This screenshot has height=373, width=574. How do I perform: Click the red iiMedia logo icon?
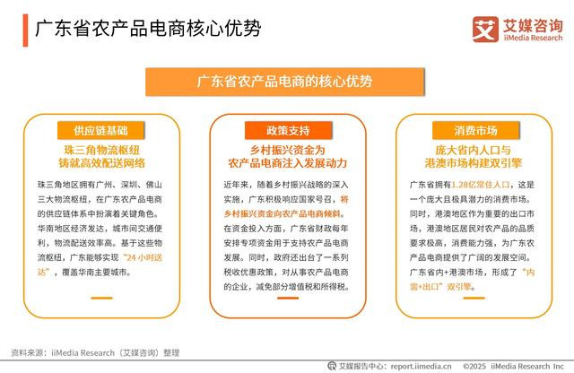[485, 30]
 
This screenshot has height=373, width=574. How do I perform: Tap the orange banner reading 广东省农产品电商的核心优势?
[285, 82]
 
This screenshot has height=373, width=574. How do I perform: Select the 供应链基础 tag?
[100, 130]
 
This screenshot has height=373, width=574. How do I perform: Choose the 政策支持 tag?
[288, 130]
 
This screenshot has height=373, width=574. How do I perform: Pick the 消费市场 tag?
[475, 130]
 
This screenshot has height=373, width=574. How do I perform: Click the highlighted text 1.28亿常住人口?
[481, 185]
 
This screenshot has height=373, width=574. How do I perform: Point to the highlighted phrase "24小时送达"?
[100, 265]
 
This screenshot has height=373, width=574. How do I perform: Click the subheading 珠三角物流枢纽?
[101, 150]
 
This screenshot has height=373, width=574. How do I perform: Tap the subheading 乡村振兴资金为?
[287, 150]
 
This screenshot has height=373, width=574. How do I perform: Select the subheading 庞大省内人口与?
[473, 150]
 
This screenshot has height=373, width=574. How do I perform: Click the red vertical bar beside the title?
[25, 30]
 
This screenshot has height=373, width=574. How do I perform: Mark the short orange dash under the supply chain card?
[101, 298]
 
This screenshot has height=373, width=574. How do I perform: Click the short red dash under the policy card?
[288, 298]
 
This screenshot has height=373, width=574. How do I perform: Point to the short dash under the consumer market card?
[474, 298]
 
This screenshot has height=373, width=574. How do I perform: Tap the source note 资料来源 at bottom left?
[95, 353]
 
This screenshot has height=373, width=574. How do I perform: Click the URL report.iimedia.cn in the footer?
[421, 366]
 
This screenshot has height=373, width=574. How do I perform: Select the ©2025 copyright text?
[474, 366]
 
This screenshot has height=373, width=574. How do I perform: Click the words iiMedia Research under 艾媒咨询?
[533, 38]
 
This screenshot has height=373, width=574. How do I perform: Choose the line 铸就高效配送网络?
[101, 163]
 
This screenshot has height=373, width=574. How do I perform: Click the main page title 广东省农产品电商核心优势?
[148, 29]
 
